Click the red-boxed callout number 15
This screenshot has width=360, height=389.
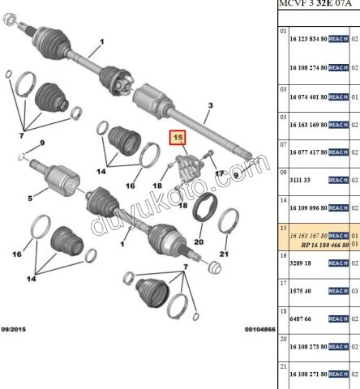pyautogui.click(x=178, y=138)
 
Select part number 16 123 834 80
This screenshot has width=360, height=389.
pyautogui.click(x=308, y=39)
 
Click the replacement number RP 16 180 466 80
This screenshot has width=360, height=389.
pyautogui.click(x=325, y=246)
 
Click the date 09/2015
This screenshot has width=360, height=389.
pyautogui.click(x=14, y=329)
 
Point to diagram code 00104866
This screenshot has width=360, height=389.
pyautogui.click(x=260, y=329)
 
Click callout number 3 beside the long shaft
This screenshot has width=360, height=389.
pyautogui.click(x=211, y=105)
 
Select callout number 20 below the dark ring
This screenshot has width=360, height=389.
pyautogui.click(x=199, y=242)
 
